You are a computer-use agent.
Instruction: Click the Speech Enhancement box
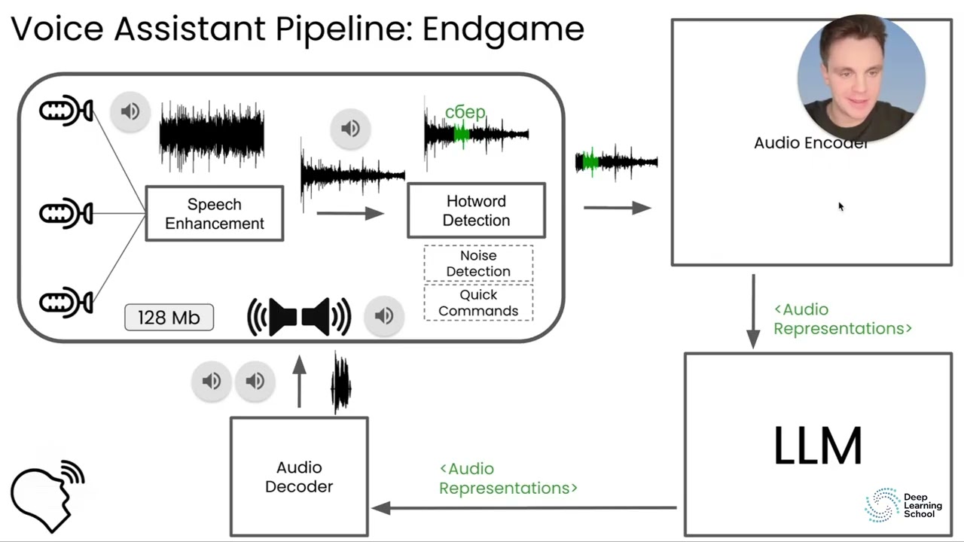coord(215,214)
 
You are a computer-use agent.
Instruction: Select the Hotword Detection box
coord(476,211)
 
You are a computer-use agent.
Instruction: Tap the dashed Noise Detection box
coord(478,263)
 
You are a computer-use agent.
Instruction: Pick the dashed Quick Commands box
coord(478,303)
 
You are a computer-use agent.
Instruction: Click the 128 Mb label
coord(169,318)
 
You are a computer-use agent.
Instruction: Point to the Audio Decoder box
coord(299,477)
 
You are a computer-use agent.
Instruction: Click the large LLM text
coord(817,446)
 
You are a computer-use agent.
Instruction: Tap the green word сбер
coord(465,112)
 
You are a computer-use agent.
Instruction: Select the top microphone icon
coord(66,111)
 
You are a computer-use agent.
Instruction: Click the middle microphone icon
coord(66,214)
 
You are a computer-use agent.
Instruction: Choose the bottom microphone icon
coord(66,303)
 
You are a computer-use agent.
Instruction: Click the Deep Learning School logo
coord(903,504)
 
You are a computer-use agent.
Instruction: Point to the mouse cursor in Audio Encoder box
coord(840,206)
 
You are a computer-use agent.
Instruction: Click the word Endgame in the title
coord(502,29)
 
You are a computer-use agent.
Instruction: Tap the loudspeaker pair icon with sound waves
coord(299,317)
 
